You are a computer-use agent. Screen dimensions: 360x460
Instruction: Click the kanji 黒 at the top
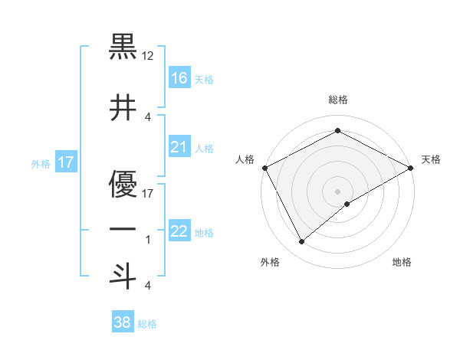point(123,47)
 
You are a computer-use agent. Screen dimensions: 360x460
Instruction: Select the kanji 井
point(123,109)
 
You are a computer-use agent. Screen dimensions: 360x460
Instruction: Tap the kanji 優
point(123,184)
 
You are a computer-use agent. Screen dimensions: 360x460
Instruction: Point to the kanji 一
point(123,231)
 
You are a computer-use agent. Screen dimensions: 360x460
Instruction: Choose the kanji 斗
point(123,276)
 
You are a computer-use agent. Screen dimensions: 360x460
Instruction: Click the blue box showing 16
point(179,77)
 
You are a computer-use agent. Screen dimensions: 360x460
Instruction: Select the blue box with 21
point(179,146)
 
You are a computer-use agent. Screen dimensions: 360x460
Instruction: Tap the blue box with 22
point(179,231)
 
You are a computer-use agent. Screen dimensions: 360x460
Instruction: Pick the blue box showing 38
point(123,322)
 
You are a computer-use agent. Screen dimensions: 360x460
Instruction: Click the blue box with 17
point(65,162)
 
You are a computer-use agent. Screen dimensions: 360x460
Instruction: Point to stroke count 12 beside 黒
point(148,57)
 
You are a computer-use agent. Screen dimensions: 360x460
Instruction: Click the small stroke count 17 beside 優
point(148,193)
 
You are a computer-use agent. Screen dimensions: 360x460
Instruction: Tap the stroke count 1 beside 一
point(148,240)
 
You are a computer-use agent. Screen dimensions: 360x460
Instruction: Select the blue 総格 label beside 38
point(147,324)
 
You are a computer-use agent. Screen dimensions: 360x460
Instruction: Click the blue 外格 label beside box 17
point(40,163)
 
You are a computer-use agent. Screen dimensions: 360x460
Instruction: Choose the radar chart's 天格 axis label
point(431,159)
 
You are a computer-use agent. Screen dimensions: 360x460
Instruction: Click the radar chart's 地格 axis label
point(402,262)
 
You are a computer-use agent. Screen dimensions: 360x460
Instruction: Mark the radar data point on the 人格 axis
point(264,167)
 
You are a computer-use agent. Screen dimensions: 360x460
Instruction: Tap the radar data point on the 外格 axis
point(301,241)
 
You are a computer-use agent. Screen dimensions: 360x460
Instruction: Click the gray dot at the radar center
point(337,191)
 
